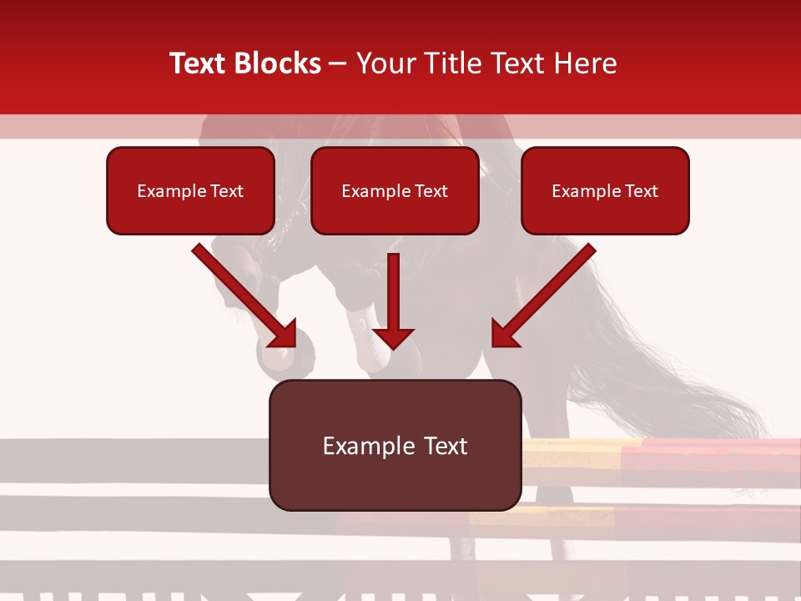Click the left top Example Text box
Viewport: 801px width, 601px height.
click(x=190, y=190)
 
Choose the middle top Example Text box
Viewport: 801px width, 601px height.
click(x=395, y=190)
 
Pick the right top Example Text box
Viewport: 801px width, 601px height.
click(x=605, y=190)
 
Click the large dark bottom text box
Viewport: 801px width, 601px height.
click(x=395, y=445)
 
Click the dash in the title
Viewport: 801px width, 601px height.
click(x=338, y=63)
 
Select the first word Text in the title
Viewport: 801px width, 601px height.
click(x=201, y=63)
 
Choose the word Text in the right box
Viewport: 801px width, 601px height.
click(x=641, y=191)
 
